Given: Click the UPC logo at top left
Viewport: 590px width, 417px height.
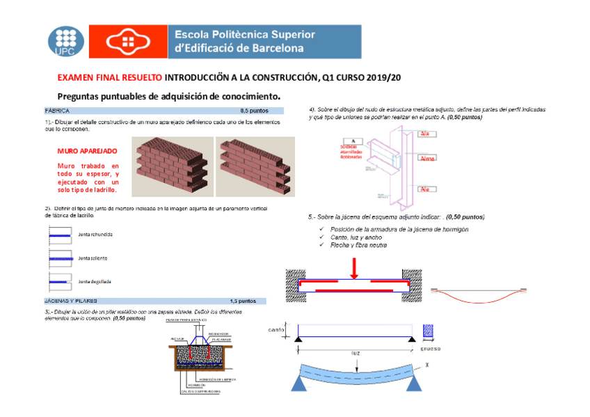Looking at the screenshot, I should pos(65,42).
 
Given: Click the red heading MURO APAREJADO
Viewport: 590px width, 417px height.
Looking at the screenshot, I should pos(87,150).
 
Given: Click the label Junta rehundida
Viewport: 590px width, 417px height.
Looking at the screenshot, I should pos(95,235).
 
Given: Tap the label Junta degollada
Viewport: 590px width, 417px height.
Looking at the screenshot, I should pos(95,281).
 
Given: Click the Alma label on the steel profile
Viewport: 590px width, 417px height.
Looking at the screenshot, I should pos(426,159).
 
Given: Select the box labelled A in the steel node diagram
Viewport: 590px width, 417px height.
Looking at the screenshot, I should pos(353,141).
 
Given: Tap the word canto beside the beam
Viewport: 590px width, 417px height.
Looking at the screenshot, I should pos(277,330).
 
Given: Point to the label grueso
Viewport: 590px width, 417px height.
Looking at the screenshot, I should pos(433,350).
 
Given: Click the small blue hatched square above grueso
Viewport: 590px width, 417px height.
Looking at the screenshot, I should pos(429,331).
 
